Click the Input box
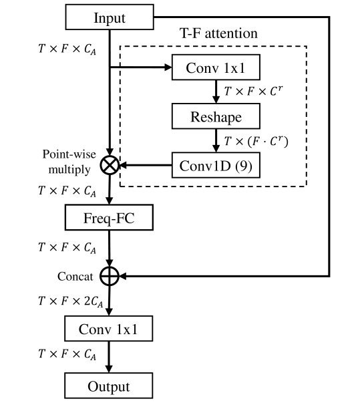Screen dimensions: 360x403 pyautogui.click(x=110, y=17)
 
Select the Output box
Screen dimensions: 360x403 pyautogui.click(x=109, y=386)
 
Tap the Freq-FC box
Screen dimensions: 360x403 pyautogui.click(x=109, y=217)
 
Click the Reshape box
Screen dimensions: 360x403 pyautogui.click(x=216, y=116)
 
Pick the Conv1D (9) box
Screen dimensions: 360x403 pyautogui.click(x=216, y=165)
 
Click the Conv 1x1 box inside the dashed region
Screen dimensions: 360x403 pyautogui.click(x=216, y=67)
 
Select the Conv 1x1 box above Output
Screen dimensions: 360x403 pyautogui.click(x=109, y=329)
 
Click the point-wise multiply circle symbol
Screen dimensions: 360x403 pyautogui.click(x=110, y=165)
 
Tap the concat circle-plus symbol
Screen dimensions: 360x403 pyautogui.click(x=110, y=276)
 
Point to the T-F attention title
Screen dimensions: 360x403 pyautogui.click(x=218, y=33)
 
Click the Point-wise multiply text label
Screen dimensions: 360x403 pyautogui.click(x=69, y=162)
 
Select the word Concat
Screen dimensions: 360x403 pyautogui.click(x=75, y=277)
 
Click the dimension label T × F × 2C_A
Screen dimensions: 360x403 pyautogui.click(x=71, y=301)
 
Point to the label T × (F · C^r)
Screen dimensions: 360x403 pyautogui.click(x=256, y=141)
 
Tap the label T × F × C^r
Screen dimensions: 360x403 pyautogui.click(x=253, y=91)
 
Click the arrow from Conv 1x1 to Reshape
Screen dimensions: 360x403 pyautogui.click(x=216, y=92)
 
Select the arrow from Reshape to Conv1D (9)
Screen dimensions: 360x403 pyautogui.click(x=216, y=140)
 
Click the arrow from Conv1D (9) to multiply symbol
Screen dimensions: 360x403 pyautogui.click(x=146, y=165)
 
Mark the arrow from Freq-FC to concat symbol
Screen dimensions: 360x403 pyautogui.click(x=110, y=248)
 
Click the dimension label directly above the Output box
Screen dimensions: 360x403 pyautogui.click(x=67, y=354)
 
